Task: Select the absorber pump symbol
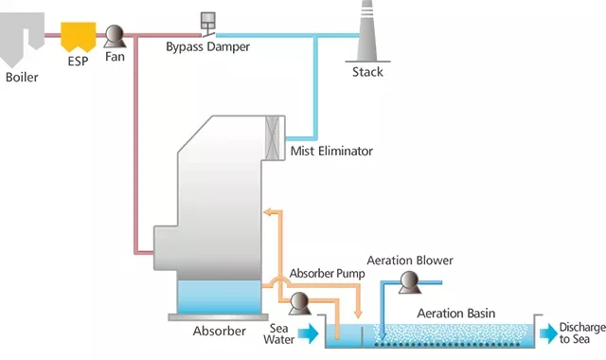[x=299, y=303]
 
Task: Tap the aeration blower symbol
[x=410, y=281]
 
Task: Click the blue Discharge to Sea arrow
[x=547, y=333]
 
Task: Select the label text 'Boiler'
[x=22, y=77]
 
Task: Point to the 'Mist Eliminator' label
[x=332, y=151]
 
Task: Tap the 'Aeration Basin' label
[x=456, y=314]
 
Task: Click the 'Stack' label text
[x=367, y=72]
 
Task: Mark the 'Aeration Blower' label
[x=409, y=261]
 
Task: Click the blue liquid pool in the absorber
[x=219, y=297]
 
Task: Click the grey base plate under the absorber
[x=219, y=316]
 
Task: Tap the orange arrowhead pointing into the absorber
[x=266, y=211]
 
